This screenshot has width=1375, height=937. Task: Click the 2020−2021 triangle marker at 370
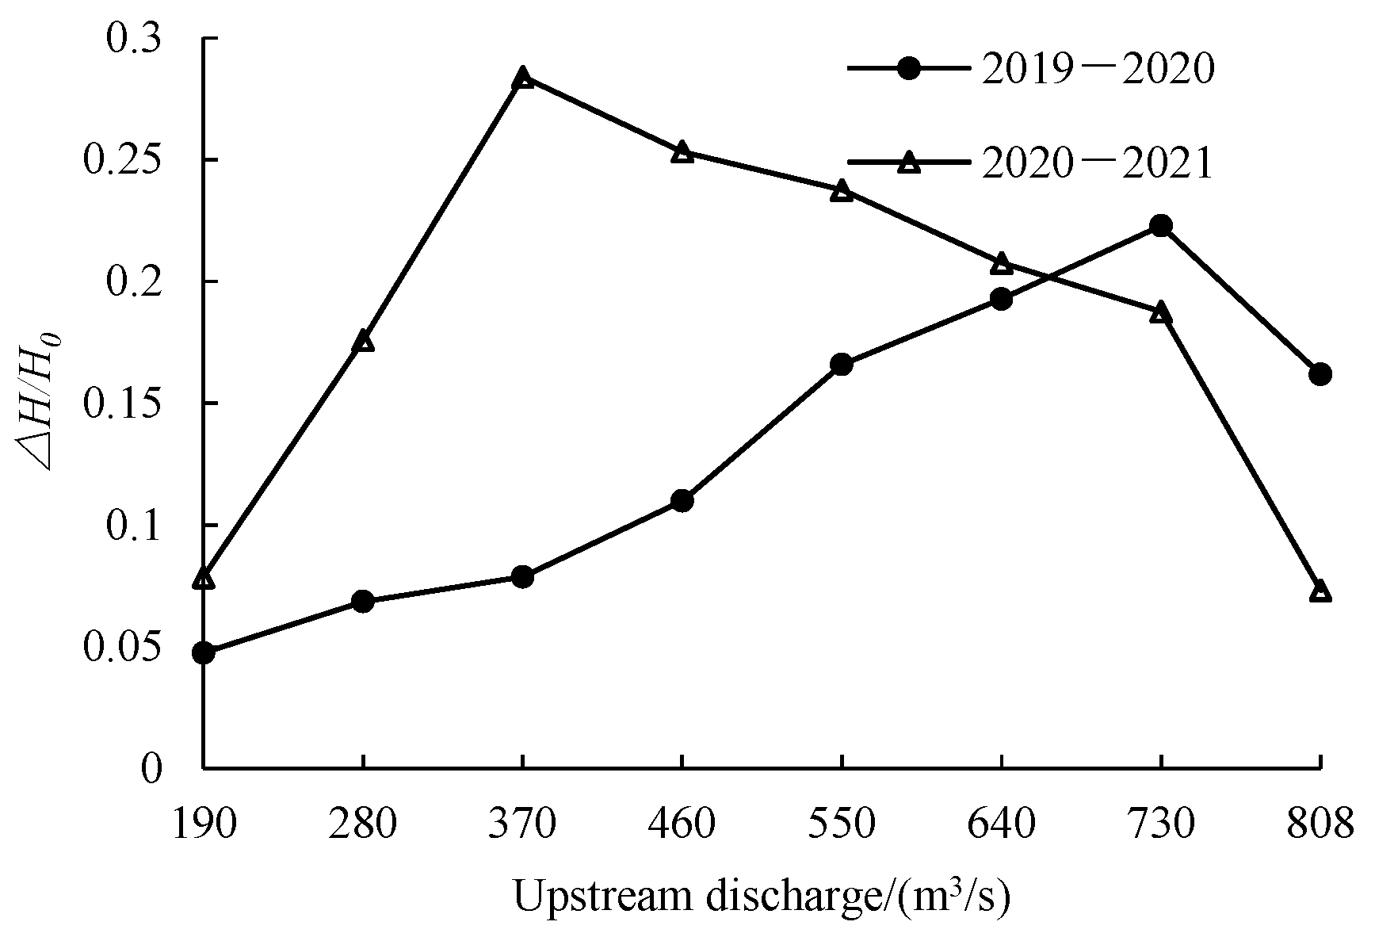click(522, 78)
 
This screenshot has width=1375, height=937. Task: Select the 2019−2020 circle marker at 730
click(1161, 226)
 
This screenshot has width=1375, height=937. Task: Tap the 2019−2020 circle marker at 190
click(203, 653)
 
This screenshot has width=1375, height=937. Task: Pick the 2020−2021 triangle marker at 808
click(1320, 591)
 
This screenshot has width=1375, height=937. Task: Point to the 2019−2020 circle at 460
click(682, 501)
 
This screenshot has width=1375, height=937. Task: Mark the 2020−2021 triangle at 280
click(363, 342)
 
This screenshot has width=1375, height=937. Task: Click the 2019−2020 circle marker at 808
click(1320, 374)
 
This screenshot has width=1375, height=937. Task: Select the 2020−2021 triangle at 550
click(842, 191)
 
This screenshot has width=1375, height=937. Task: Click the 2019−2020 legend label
click(1097, 70)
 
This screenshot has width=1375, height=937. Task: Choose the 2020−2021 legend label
click(1097, 164)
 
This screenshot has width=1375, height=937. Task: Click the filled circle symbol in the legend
click(911, 69)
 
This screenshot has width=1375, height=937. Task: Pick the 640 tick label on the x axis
click(1001, 824)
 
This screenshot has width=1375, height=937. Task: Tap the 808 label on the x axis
click(1320, 824)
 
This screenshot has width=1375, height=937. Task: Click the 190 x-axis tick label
click(203, 824)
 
